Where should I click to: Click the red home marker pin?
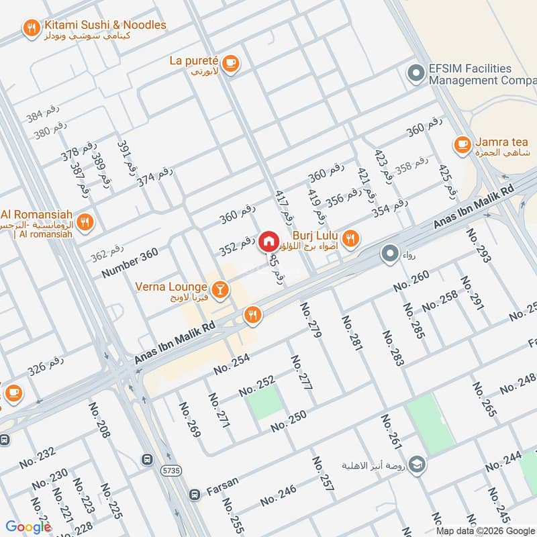tap(268, 241)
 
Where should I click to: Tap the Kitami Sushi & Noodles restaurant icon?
tap(30, 28)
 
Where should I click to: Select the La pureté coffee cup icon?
tap(230, 62)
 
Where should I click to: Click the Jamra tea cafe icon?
tap(462, 144)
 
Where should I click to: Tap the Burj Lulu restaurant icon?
tap(350, 238)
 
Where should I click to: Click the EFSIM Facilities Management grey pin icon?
tap(416, 75)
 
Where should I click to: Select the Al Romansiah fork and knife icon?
tap(85, 222)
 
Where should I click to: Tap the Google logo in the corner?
tap(28, 527)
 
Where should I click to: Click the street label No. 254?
tap(232, 363)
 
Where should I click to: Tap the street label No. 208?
tap(100, 420)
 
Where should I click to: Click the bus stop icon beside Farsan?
tap(195, 495)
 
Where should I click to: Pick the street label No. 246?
tap(278, 496)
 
